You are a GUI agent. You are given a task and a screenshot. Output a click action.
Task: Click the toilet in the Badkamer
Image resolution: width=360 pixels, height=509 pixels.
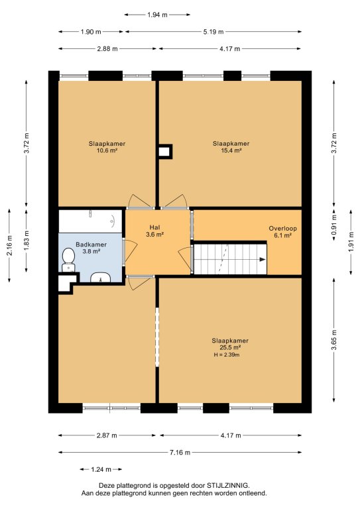(68, 260)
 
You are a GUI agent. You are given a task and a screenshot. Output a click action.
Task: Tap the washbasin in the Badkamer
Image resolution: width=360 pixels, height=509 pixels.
(100, 278)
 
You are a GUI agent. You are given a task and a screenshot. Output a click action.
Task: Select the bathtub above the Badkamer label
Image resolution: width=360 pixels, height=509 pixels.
(90, 221)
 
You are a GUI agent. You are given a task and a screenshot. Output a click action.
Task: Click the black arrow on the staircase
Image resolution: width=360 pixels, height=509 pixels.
(263, 259)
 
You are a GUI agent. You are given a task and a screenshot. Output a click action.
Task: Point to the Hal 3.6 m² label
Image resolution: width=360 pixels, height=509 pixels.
(155, 231)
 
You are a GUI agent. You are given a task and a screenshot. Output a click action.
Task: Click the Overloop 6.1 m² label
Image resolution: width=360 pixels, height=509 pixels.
(282, 232)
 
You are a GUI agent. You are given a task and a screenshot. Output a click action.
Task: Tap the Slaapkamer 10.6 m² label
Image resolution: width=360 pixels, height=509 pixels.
(107, 146)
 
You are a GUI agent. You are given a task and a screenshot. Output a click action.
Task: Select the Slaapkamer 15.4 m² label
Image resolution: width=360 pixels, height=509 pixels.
(231, 146)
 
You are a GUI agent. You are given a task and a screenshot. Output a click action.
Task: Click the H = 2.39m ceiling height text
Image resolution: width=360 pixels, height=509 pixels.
(227, 355)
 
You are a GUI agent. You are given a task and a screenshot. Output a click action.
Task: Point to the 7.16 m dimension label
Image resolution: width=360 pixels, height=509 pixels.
(180, 452)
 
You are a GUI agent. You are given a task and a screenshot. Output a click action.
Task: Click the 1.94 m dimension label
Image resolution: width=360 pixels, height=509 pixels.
(157, 15)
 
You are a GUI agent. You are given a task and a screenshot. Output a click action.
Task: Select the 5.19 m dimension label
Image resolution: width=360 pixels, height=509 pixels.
(213, 32)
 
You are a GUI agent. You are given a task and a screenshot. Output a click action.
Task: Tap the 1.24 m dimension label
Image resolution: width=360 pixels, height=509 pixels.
(101, 469)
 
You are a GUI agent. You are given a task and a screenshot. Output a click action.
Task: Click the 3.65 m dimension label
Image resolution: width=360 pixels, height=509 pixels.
(334, 339)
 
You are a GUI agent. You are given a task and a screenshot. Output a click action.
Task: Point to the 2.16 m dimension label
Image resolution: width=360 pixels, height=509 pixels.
(9, 245)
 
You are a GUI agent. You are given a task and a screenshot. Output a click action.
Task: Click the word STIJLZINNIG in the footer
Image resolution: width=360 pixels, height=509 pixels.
(229, 486)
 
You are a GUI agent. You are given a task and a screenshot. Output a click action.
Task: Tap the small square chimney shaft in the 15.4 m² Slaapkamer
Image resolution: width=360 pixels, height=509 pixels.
(165, 152)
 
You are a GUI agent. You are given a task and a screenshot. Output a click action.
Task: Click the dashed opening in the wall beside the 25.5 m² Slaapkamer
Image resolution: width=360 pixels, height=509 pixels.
(157, 337)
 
